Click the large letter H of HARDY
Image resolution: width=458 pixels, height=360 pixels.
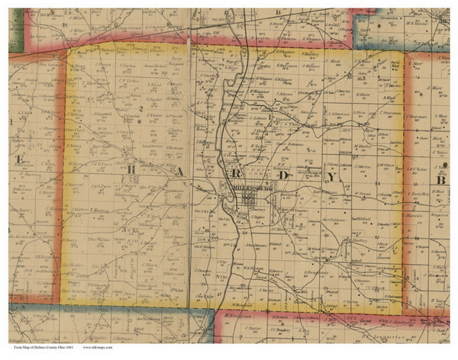pos(131,169)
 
